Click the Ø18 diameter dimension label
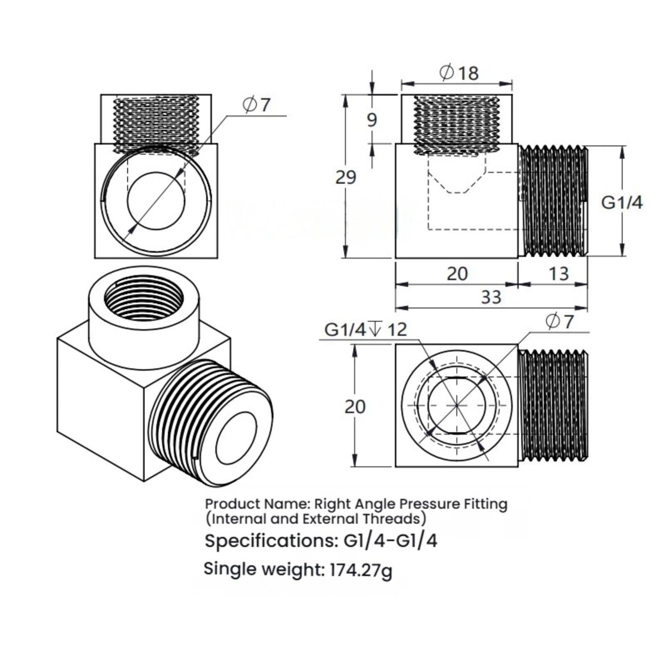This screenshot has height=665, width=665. click(459, 73)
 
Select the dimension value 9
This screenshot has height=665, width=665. click(372, 120)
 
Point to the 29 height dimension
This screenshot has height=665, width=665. click(346, 177)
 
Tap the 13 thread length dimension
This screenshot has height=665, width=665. click(559, 274)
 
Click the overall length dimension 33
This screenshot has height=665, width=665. click(491, 298)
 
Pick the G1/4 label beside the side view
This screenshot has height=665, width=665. click(622, 202)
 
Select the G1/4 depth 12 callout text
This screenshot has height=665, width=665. click(366, 330)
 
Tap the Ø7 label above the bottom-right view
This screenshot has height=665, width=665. click(559, 321)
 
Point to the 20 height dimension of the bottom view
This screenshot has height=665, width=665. click(355, 407)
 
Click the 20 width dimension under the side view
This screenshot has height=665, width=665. click(457, 274)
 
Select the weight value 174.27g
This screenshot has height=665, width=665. click(361, 570)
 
